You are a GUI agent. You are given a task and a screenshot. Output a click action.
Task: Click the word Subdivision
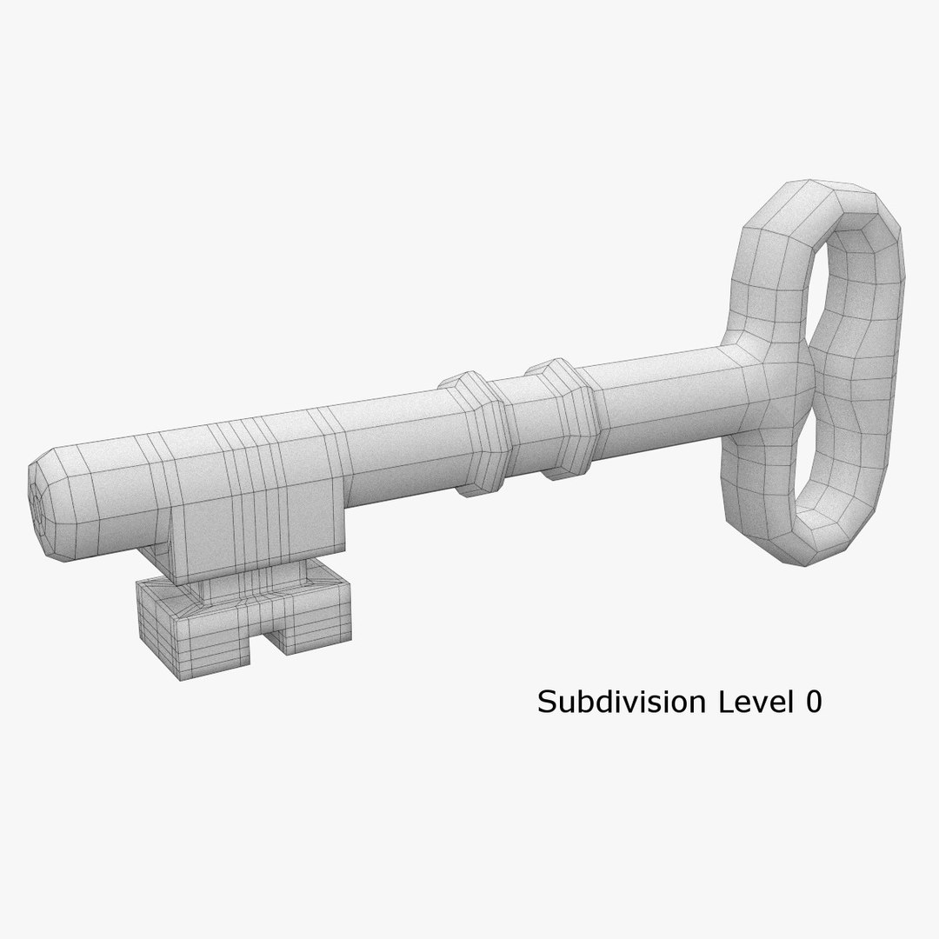click(623, 703)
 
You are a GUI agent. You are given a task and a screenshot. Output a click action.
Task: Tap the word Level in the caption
click(749, 703)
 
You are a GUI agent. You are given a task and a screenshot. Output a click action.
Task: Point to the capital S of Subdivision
click(547, 703)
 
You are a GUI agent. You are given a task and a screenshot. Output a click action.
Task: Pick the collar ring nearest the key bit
click(473, 432)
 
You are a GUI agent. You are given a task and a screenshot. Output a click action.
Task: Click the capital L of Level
click(723, 703)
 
